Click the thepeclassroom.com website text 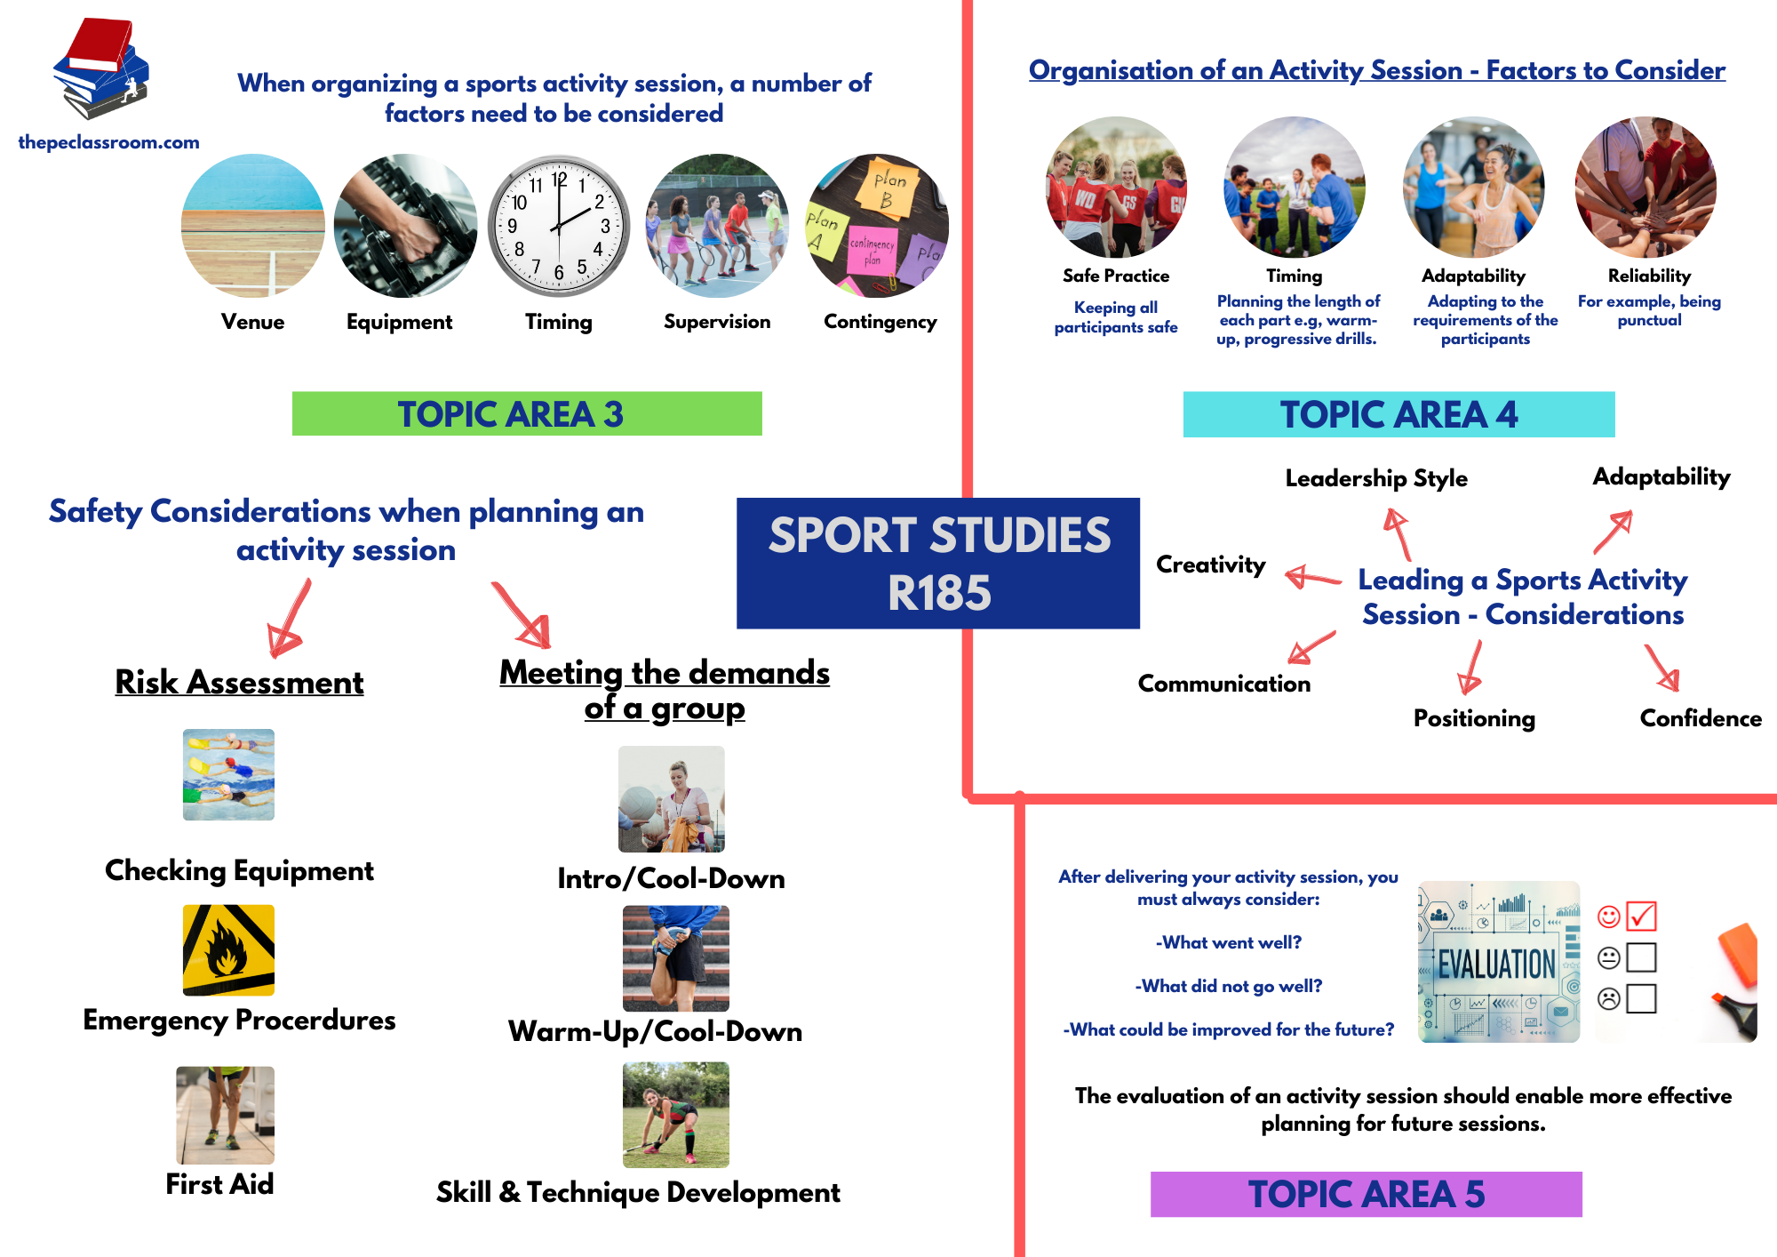pos(108,142)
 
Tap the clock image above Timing pos(559,226)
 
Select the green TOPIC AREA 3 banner pos(527,414)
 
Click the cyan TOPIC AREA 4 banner pos(1398,414)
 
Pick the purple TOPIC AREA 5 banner pos(1366,1194)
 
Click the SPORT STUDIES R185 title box pos(938,564)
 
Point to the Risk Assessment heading pos(239,682)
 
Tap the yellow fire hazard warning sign pos(228,949)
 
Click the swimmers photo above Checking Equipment pos(228,774)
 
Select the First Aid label pos(219,1184)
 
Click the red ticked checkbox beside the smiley pos(1641,916)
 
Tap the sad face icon pos(1608,998)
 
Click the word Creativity pos(1210,564)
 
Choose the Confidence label pos(1700,718)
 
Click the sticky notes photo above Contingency pos(878,226)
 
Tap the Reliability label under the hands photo pos(1649,276)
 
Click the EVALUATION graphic pos(1499,962)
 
